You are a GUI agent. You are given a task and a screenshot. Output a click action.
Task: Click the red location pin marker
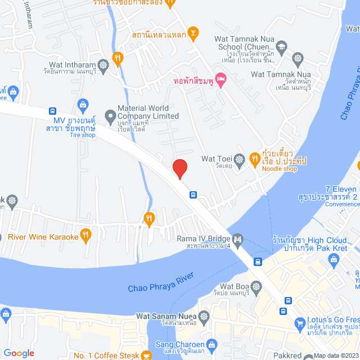[x=179, y=168]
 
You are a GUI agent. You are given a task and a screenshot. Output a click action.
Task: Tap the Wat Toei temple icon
[x=240, y=160]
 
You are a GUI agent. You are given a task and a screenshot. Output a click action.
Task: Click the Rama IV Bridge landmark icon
[x=237, y=239]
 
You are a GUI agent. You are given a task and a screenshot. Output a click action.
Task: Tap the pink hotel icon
[x=221, y=81]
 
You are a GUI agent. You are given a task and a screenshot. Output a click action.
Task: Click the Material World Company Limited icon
[x=109, y=111]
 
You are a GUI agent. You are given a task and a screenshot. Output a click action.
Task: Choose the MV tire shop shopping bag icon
[x=83, y=105]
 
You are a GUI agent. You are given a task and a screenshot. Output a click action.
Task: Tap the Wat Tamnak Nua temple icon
[x=298, y=58]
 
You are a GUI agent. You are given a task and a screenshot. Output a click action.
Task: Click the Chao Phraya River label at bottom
[x=161, y=282]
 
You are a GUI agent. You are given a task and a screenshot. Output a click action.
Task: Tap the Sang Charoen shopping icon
[x=211, y=344]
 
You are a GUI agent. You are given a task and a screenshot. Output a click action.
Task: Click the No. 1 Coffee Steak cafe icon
[x=146, y=355]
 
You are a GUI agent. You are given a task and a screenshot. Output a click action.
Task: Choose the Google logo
[x=19, y=353]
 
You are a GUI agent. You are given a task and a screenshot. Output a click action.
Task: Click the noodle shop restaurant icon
[x=255, y=155]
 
